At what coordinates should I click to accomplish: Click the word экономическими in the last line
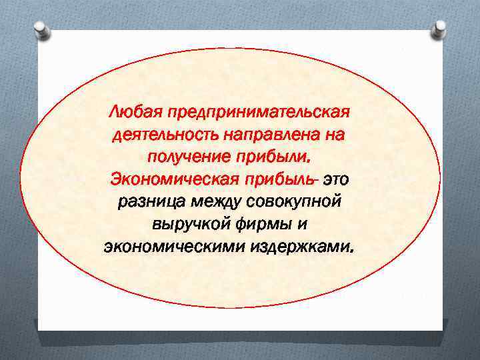coord(175,247)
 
